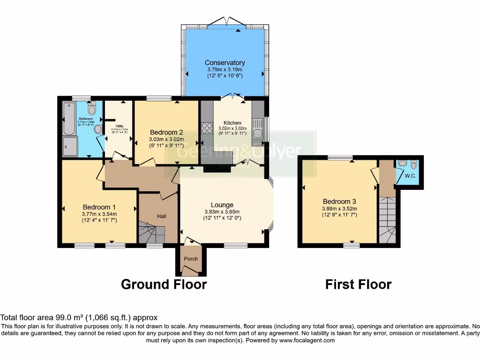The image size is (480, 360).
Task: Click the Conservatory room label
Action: [225, 63]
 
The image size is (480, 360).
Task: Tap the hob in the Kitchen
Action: [207, 128]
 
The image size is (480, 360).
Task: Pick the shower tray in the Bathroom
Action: [70, 146]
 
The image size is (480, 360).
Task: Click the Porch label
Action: [191, 259]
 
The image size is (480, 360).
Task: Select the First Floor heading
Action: [358, 284]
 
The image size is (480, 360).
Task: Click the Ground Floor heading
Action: [164, 284]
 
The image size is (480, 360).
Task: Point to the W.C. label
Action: [411, 176]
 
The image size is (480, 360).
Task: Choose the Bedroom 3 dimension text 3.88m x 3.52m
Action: [339, 209]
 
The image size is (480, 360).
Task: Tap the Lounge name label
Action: [222, 205]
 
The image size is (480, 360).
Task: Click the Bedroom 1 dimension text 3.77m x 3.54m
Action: [99, 214]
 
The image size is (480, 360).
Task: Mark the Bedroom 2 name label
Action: [166, 132]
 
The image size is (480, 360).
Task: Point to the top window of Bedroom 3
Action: [341, 158]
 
